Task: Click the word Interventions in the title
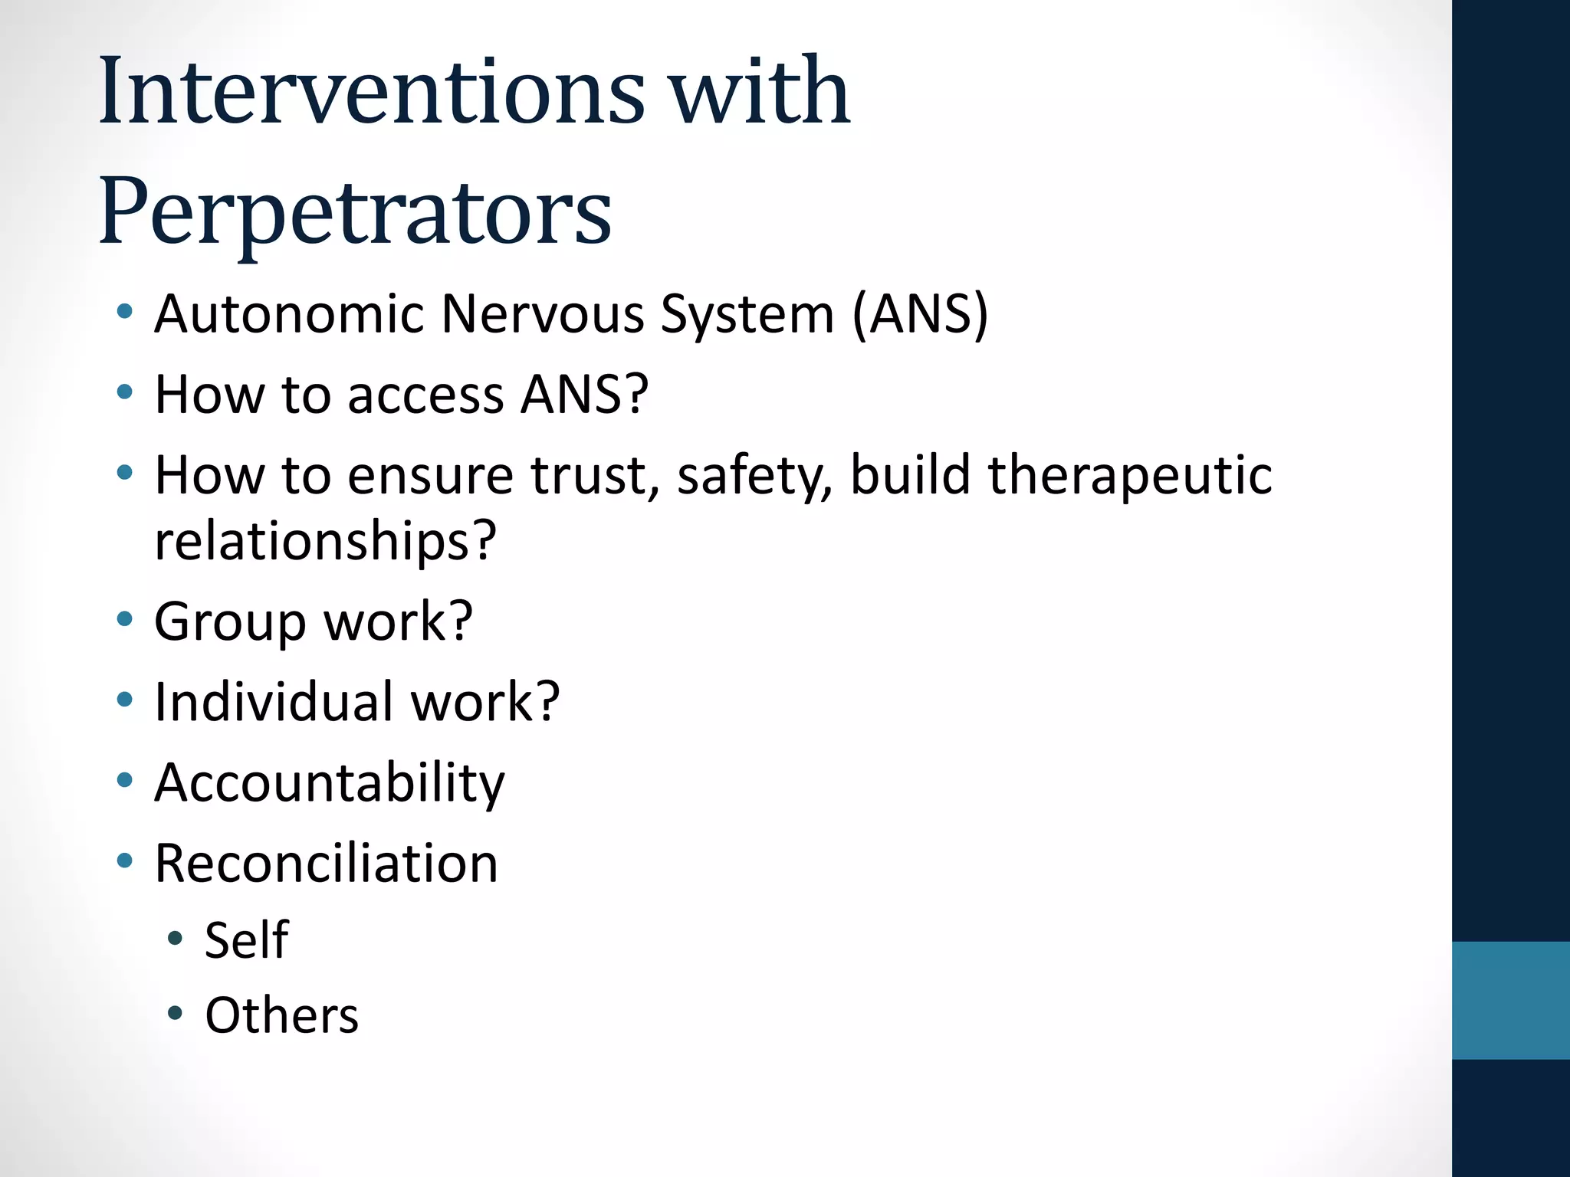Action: tap(371, 92)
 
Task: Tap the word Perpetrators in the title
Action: tap(354, 211)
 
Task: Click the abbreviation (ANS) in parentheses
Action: tap(919, 314)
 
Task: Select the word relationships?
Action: tap(325, 541)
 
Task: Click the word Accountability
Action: tap(330, 783)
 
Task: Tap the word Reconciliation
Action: tap(326, 864)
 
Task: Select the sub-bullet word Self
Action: tap(246, 940)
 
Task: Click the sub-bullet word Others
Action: tap(281, 1015)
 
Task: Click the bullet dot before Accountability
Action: tap(124, 781)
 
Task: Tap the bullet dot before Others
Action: tap(175, 1014)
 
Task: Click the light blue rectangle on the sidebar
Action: tap(1510, 1000)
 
